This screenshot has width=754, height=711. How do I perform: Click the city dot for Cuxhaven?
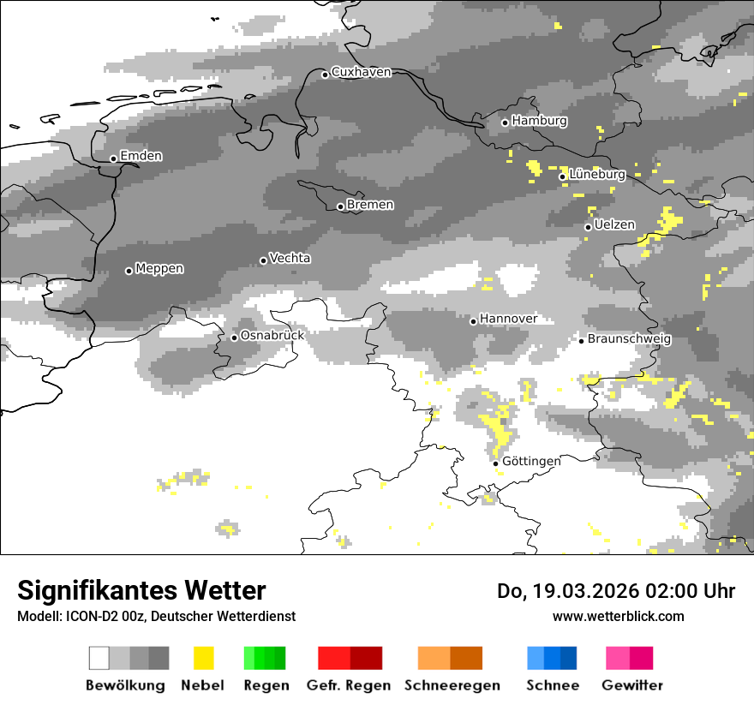325,75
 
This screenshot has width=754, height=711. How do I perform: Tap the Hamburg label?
539,121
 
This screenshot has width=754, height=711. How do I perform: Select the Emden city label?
141,156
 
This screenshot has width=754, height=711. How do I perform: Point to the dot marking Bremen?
340,206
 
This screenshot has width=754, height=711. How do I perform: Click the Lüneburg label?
596,174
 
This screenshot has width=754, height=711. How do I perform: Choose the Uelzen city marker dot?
588,227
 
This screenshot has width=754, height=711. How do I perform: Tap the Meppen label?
159,268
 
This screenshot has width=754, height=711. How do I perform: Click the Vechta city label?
290,258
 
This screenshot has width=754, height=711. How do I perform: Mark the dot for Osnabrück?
234,338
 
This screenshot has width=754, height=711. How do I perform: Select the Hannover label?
508,319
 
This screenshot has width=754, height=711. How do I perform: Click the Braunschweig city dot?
581,341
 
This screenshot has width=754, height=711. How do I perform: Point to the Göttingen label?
531,461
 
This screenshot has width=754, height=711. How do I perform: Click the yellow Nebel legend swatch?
203,658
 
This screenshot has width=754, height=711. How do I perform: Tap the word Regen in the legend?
265,685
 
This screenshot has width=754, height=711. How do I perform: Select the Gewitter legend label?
631,685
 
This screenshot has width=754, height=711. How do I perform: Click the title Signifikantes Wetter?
141,590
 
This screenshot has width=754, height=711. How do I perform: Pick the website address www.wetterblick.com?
618,616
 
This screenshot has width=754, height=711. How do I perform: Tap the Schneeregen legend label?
452,685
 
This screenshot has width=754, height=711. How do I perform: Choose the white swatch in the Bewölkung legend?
99,658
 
